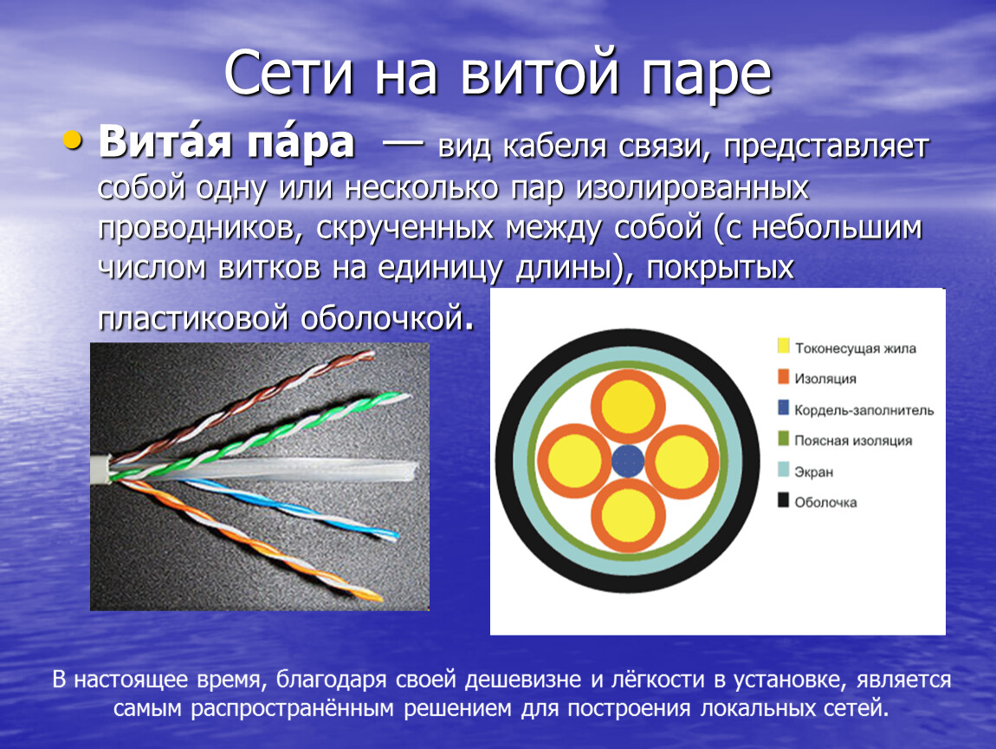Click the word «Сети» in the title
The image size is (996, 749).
pyautogui.click(x=288, y=73)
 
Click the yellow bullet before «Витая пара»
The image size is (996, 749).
pyautogui.click(x=73, y=140)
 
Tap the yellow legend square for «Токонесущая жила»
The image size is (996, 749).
pyautogui.click(x=783, y=346)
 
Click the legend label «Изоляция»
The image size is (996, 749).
pyautogui.click(x=825, y=378)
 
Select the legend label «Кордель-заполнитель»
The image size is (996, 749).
pyautogui.click(x=863, y=410)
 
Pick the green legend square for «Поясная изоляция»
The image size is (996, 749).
pyautogui.click(x=783, y=439)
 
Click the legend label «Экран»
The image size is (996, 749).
pyautogui.click(x=814, y=472)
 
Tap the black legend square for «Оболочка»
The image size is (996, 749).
pyautogui.click(x=783, y=500)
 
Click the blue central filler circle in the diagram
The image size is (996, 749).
pyautogui.click(x=628, y=461)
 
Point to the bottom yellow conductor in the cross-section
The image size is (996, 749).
pyautogui.click(x=628, y=516)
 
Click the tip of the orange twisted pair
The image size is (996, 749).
pyautogui.click(x=381, y=597)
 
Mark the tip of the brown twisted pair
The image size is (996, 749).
pyautogui.click(x=372, y=355)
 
